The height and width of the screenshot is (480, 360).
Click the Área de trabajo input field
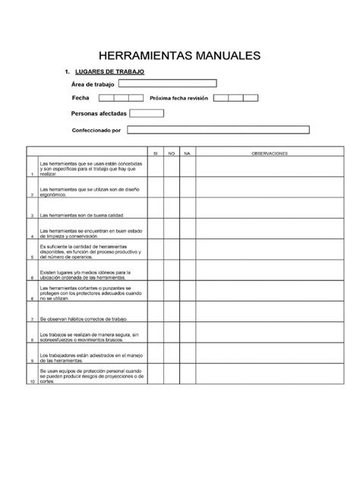coord(168,84)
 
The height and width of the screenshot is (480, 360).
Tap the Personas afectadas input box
coord(147,113)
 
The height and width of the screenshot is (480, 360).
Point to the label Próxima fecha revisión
coord(179,99)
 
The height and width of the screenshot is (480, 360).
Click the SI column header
coord(155,153)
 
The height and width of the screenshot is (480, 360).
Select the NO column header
coord(172,153)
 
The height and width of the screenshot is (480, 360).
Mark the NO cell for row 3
coord(172,215)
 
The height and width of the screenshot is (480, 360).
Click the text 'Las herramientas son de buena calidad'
coord(81,216)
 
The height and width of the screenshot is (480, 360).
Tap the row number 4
coord(32,237)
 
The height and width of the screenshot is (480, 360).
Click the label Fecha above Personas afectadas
coord(81,98)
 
